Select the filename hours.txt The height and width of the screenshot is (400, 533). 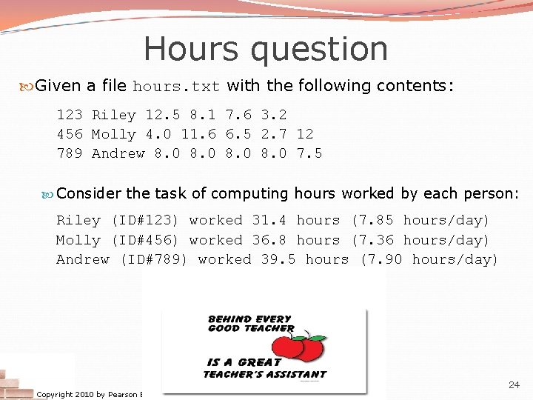(176, 87)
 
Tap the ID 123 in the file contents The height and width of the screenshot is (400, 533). (70, 115)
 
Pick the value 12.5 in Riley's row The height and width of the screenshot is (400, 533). (163, 115)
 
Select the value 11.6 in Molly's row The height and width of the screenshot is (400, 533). (198, 134)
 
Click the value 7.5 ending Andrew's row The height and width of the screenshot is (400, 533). (309, 153)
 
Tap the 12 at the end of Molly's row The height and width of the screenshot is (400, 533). (305, 134)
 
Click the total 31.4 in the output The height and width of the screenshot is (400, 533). (269, 220)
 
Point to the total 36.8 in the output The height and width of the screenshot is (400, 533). (269, 240)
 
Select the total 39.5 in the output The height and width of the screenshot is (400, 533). (278, 259)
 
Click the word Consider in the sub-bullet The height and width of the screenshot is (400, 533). (88, 193)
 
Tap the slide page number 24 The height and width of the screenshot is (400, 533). (514, 384)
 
